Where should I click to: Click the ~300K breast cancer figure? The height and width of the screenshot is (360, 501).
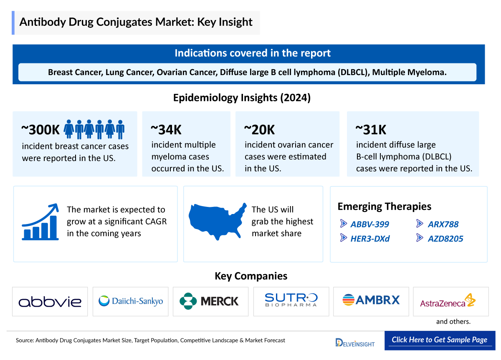pos(41,129)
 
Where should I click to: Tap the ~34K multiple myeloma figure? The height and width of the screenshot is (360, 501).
pos(166,129)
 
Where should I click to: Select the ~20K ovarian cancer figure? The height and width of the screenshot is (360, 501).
pos(259,129)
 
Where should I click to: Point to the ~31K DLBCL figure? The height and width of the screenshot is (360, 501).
pos(371,129)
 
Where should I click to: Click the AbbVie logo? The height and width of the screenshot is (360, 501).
pos(50,301)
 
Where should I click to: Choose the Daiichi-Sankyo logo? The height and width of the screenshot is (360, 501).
pos(130,301)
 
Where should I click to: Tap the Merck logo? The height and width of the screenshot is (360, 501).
pos(210,301)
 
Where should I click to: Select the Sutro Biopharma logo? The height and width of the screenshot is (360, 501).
pos(291,300)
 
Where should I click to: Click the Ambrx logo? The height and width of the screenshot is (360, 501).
pos(371,300)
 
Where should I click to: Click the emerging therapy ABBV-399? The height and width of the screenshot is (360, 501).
pos(369,224)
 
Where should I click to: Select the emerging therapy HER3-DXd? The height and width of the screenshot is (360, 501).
pos(369,239)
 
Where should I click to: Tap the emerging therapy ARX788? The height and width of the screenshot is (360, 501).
pos(443,224)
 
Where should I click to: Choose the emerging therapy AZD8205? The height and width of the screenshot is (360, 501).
pos(445,239)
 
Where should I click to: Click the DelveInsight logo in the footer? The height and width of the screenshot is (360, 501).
pos(355,342)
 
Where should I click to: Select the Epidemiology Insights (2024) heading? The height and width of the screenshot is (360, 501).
pos(242,98)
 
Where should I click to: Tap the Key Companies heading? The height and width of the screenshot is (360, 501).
pos(250,276)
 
